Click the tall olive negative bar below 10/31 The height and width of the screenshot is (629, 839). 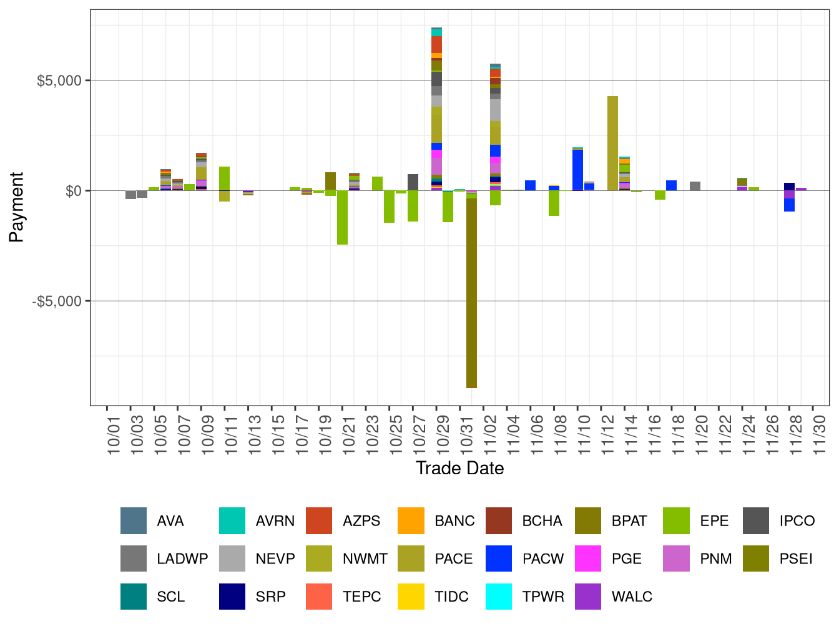click(x=471, y=293)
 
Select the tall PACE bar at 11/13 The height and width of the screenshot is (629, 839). click(x=612, y=144)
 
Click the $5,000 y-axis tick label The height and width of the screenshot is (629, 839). click(x=59, y=80)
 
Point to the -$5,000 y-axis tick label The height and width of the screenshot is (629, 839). click(x=57, y=301)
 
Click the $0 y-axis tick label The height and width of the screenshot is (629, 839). click(x=73, y=191)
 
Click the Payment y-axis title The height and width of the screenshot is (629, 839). click(x=16, y=207)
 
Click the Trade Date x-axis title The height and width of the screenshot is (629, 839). click(x=459, y=468)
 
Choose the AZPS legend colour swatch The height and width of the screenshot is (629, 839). click(x=319, y=521)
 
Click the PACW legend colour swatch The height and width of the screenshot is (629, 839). click(x=499, y=558)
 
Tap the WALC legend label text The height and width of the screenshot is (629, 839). click(x=632, y=597)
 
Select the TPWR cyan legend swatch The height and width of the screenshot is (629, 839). click(x=499, y=597)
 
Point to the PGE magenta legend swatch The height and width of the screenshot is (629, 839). click(x=588, y=558)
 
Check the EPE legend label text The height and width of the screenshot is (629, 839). click(x=714, y=521)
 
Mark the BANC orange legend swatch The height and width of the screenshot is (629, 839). click(x=411, y=521)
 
